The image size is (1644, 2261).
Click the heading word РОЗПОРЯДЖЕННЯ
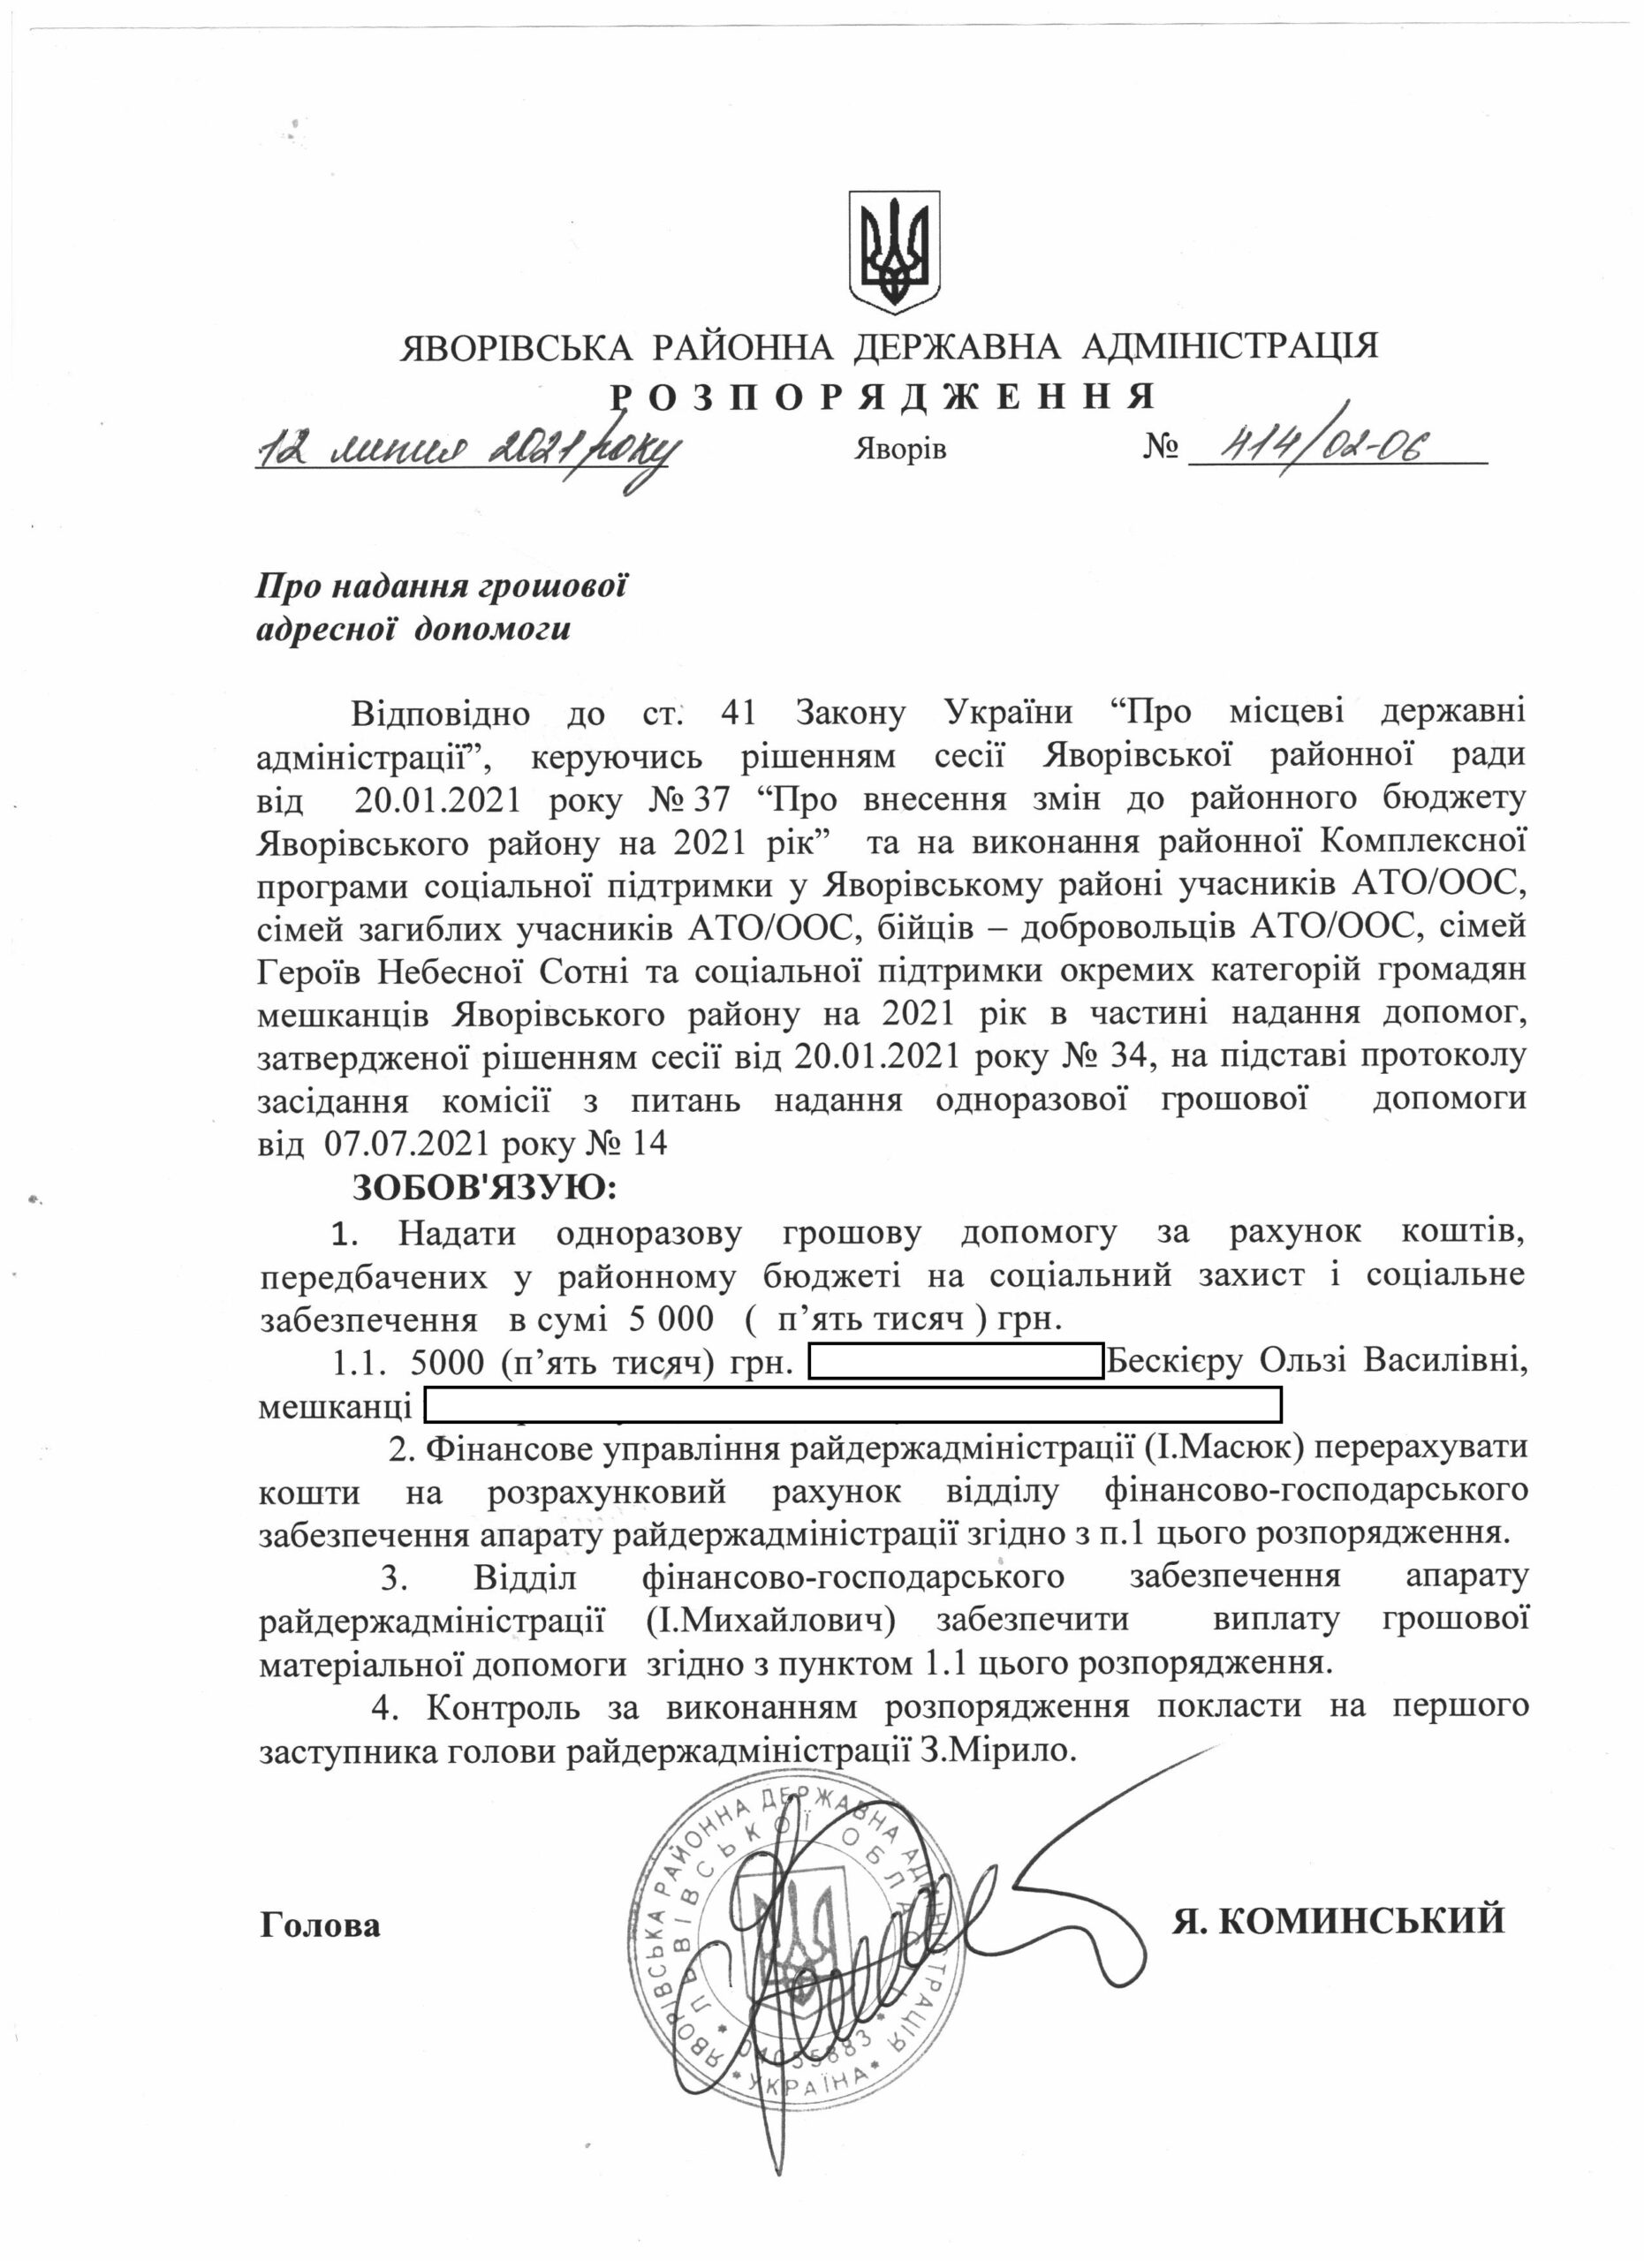pos(883,396)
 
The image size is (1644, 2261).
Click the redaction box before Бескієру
pos(954,1361)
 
